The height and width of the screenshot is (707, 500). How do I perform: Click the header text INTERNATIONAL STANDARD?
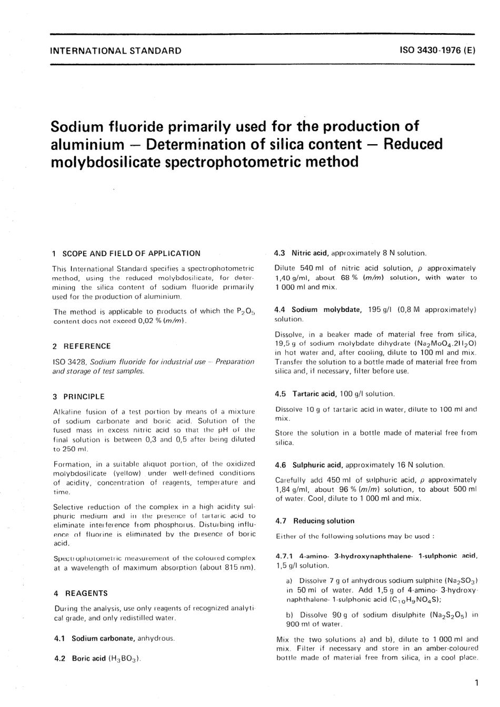pos(115,51)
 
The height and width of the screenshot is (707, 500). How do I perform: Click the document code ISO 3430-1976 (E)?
pos(438,51)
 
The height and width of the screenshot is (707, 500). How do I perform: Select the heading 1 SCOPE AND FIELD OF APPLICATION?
pos(127,253)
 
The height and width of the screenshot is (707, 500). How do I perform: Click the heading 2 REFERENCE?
pos(82,346)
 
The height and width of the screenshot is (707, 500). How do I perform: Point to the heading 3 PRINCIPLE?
pos(79,397)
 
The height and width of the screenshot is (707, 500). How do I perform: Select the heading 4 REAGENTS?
pos(81,593)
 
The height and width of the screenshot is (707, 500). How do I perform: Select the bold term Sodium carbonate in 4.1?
pos(103,638)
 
